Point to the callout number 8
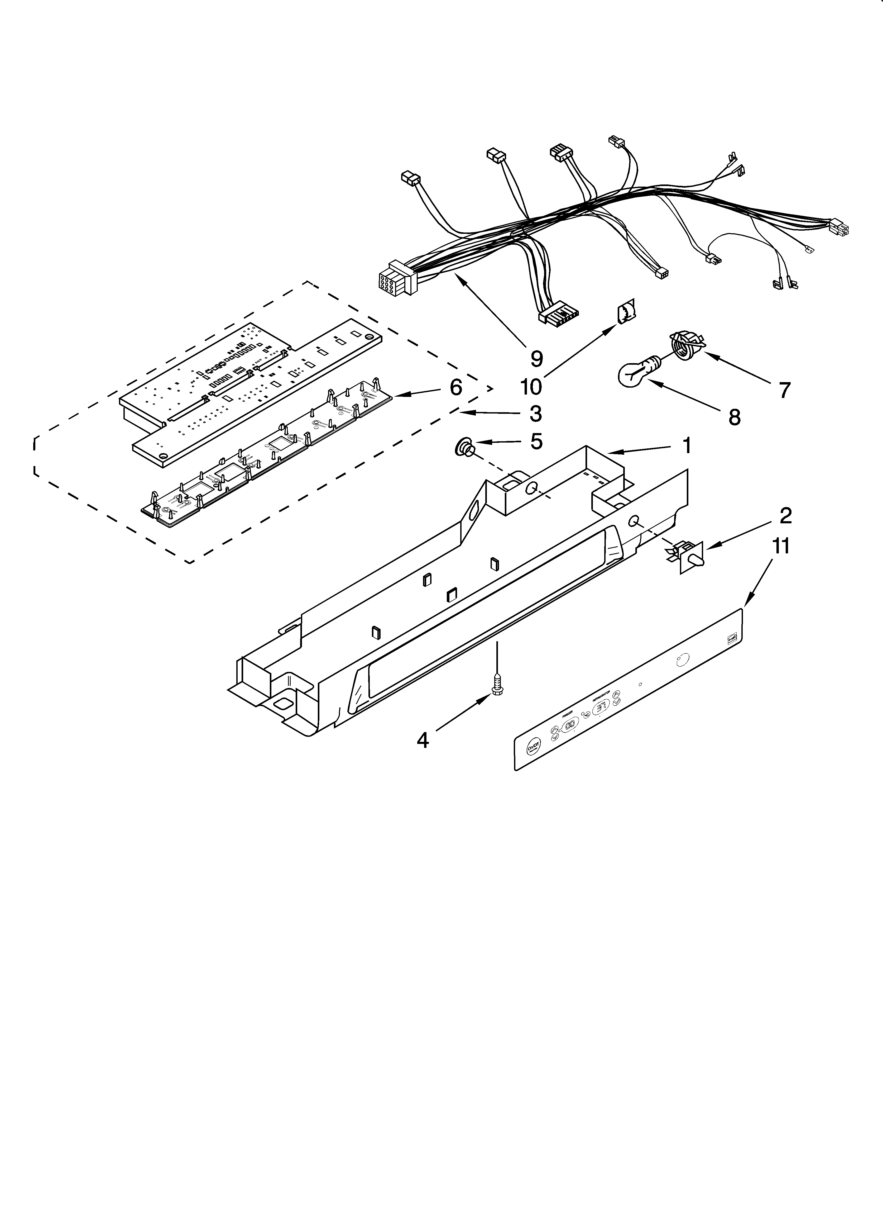point(734,417)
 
